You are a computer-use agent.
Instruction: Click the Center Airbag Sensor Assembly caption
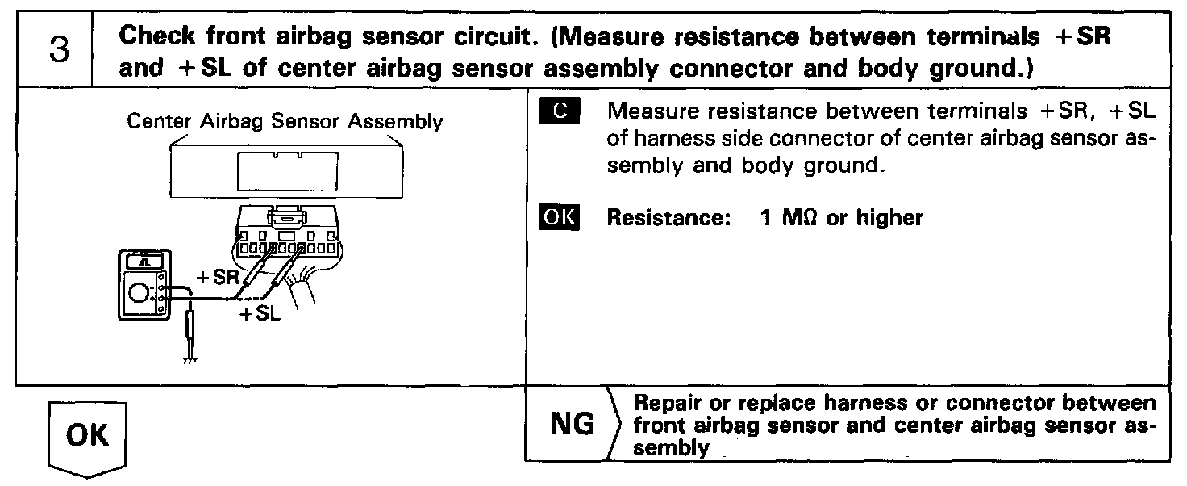point(285,123)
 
